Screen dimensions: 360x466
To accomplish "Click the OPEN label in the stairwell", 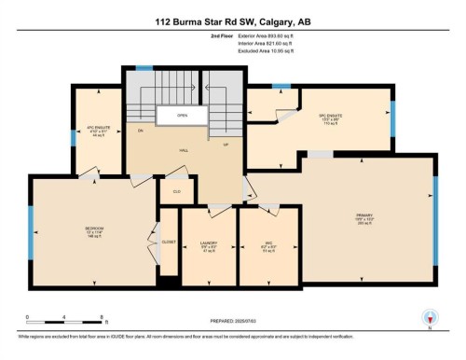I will click(x=184, y=117).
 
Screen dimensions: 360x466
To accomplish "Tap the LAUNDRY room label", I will click(x=209, y=247).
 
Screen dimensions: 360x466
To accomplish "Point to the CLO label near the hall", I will click(x=176, y=191).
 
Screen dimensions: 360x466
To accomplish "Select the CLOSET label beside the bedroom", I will click(x=168, y=242).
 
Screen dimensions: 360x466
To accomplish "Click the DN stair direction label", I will click(x=141, y=132).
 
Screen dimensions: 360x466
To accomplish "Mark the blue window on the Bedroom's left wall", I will click(x=31, y=225).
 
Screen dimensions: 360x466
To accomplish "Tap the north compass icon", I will click(x=429, y=316).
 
